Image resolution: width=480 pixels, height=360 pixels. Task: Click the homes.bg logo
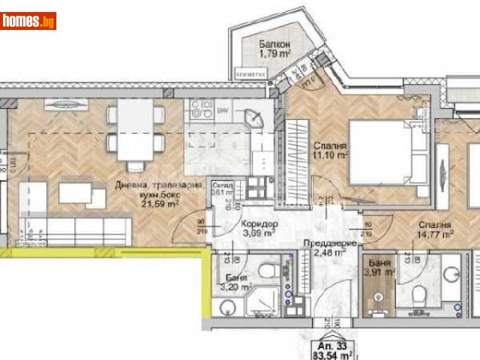[x=29, y=21]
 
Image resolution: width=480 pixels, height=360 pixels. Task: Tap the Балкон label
[x=275, y=44]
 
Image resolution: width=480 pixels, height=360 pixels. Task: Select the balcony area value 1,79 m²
[x=274, y=55]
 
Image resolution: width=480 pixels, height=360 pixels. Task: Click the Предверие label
[x=330, y=244]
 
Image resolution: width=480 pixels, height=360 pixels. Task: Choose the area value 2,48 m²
[x=329, y=253]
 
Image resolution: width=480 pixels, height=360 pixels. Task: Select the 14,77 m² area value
[x=436, y=233]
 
